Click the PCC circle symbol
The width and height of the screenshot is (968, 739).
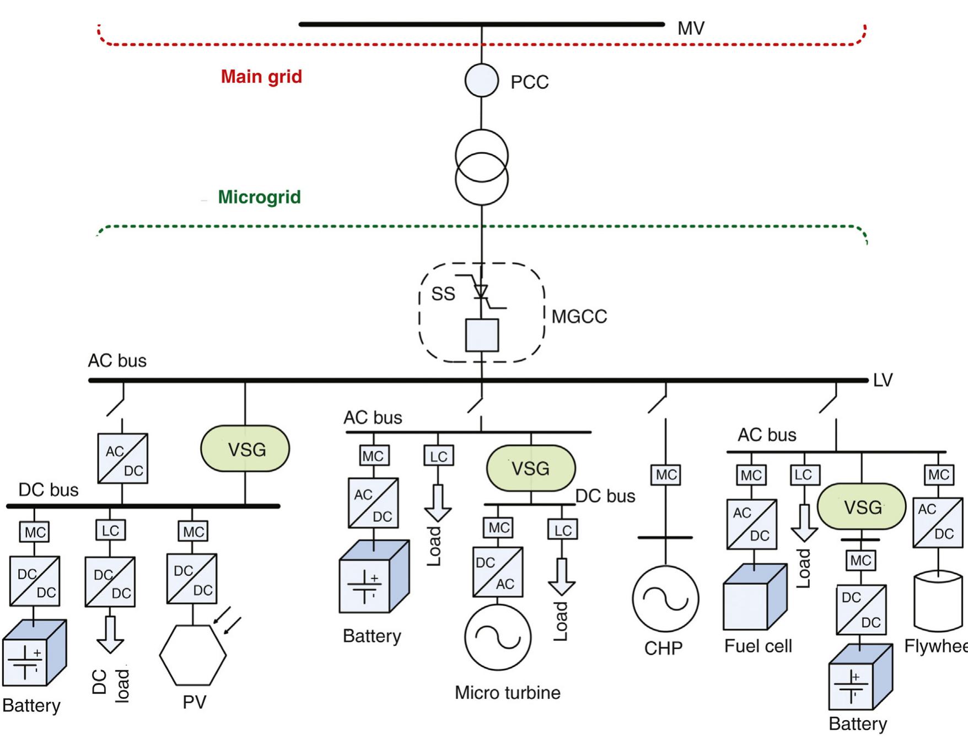click(481, 80)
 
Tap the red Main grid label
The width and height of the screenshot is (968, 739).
click(261, 77)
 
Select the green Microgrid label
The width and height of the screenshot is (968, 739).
click(259, 197)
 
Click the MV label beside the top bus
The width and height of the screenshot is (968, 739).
click(691, 28)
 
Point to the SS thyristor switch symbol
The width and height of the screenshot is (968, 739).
click(481, 290)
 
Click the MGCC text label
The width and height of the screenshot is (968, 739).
click(579, 317)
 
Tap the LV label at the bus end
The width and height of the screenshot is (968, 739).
click(883, 380)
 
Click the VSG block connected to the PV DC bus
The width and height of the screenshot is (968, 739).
click(245, 449)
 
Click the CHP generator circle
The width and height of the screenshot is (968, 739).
click(665, 599)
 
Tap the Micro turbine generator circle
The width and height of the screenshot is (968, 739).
click(498, 637)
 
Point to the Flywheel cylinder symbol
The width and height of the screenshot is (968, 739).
click(938, 601)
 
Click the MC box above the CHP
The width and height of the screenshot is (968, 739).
click(666, 475)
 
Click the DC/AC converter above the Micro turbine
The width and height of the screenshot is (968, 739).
click(498, 572)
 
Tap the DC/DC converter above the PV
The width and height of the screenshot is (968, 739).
click(192, 579)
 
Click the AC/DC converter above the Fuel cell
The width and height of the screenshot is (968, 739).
click(751, 524)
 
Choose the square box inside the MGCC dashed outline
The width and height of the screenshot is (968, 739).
click(482, 335)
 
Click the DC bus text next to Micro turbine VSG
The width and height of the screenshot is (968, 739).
click(605, 496)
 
